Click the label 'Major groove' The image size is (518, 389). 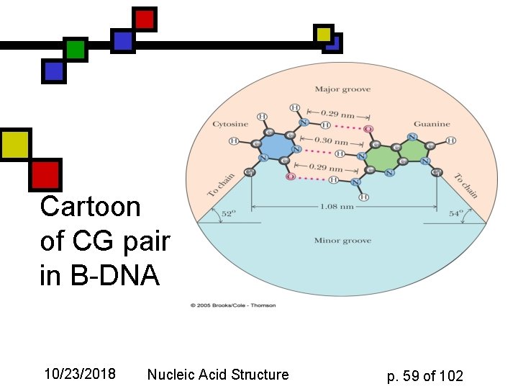pyautogui.click(x=342, y=89)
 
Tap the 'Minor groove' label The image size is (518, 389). pyautogui.click(x=342, y=241)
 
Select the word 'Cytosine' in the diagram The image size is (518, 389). pyautogui.click(x=230, y=125)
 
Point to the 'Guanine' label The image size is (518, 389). pyautogui.click(x=432, y=125)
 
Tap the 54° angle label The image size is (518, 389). pyautogui.click(x=455, y=213)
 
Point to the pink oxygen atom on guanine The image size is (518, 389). pyautogui.click(x=369, y=129)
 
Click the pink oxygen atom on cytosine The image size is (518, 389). pyautogui.click(x=291, y=176)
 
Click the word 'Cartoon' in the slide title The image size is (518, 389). pyautogui.click(x=90, y=207)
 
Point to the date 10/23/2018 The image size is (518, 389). pyautogui.click(x=80, y=375)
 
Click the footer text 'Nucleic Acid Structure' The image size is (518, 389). pyautogui.click(x=217, y=375)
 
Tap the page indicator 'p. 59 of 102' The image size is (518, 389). pyautogui.click(x=424, y=375)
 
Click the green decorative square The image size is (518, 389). pyautogui.click(x=75, y=50)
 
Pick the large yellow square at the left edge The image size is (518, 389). pyautogui.click(x=14, y=144)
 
